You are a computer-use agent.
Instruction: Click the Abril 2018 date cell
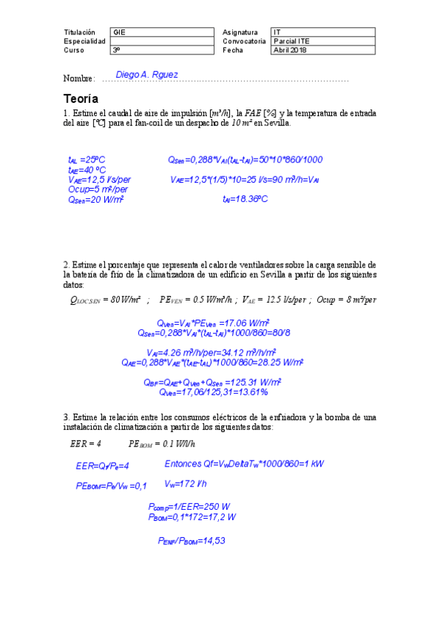click(x=290, y=50)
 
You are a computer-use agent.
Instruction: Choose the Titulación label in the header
click(x=80, y=32)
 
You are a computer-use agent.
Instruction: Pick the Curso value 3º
click(x=117, y=50)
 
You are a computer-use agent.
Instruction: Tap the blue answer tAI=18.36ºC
click(x=245, y=198)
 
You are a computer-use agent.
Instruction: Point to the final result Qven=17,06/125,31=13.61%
click(x=213, y=392)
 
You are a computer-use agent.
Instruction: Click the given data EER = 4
click(x=85, y=443)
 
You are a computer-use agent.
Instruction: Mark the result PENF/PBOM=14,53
click(x=191, y=541)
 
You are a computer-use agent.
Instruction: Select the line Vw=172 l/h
click(x=185, y=483)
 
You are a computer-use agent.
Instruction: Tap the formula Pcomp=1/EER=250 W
click(x=190, y=507)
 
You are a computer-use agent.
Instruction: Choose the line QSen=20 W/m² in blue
click(x=95, y=198)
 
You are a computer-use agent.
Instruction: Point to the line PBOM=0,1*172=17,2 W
click(x=191, y=516)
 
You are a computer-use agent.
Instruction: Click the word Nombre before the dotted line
click(x=78, y=79)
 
